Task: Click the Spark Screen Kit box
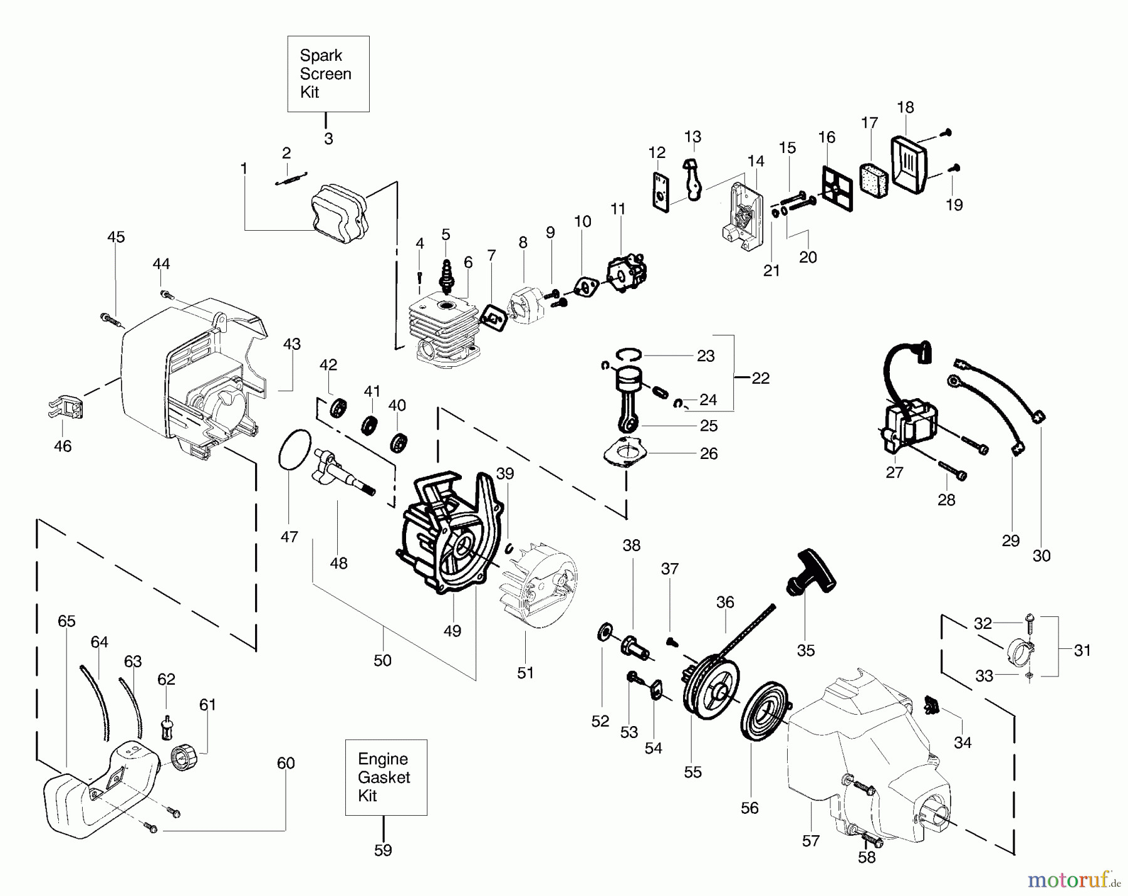[328, 74]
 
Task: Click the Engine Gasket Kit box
[386, 777]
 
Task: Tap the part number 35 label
[806, 650]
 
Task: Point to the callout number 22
[760, 378]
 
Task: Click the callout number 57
[811, 841]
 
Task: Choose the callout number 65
[66, 621]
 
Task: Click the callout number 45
[116, 237]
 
